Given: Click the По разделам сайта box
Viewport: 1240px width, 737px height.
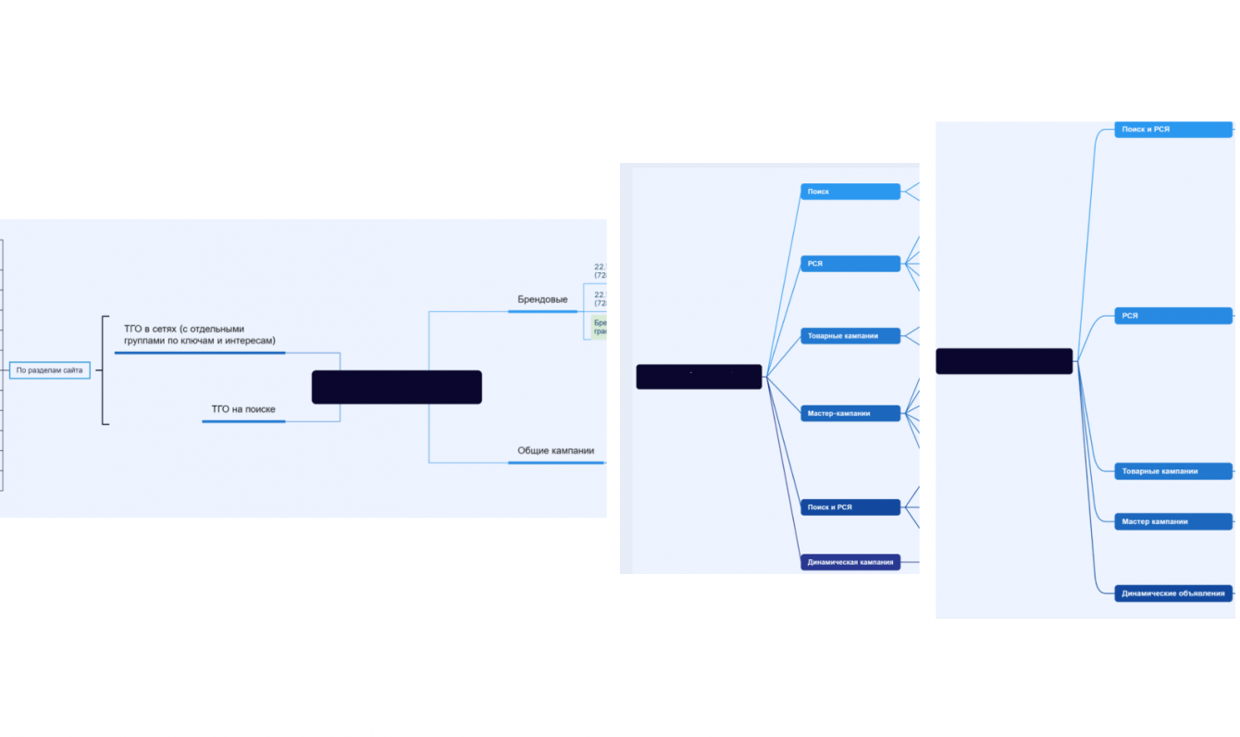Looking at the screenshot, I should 50,370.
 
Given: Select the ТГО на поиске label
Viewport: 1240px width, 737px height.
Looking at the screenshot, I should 243,409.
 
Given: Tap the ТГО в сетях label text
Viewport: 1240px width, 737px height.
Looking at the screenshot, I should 199,335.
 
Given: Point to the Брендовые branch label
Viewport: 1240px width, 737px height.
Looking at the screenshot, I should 542,299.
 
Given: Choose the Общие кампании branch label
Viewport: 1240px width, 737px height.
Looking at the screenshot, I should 555,451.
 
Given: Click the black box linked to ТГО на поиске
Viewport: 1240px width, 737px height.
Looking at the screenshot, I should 396,387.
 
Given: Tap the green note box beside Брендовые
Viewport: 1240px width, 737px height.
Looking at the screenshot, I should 599,327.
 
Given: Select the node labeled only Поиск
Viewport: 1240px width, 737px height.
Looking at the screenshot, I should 849,192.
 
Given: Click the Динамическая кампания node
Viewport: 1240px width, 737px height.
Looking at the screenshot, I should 849,562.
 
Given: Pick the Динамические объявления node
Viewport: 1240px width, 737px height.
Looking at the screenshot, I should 1172,593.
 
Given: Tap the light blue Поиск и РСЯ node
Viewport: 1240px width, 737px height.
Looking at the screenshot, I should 1172,130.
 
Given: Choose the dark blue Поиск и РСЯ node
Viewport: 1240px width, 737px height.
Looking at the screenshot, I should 849,507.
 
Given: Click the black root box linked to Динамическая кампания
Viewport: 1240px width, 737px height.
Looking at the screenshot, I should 699,377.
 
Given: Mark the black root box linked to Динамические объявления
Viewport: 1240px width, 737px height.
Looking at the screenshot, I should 1004,361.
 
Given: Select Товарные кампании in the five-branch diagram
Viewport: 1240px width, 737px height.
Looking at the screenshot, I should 1172,471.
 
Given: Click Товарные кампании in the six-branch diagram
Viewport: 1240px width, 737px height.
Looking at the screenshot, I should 849,335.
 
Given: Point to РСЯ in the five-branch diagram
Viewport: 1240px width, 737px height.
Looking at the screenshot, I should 1172,316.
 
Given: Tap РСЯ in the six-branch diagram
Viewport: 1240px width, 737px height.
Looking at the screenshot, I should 849,264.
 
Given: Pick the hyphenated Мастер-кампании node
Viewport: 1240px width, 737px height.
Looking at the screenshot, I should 849,413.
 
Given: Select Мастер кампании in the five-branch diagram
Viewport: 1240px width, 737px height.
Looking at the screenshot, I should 1172,521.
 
